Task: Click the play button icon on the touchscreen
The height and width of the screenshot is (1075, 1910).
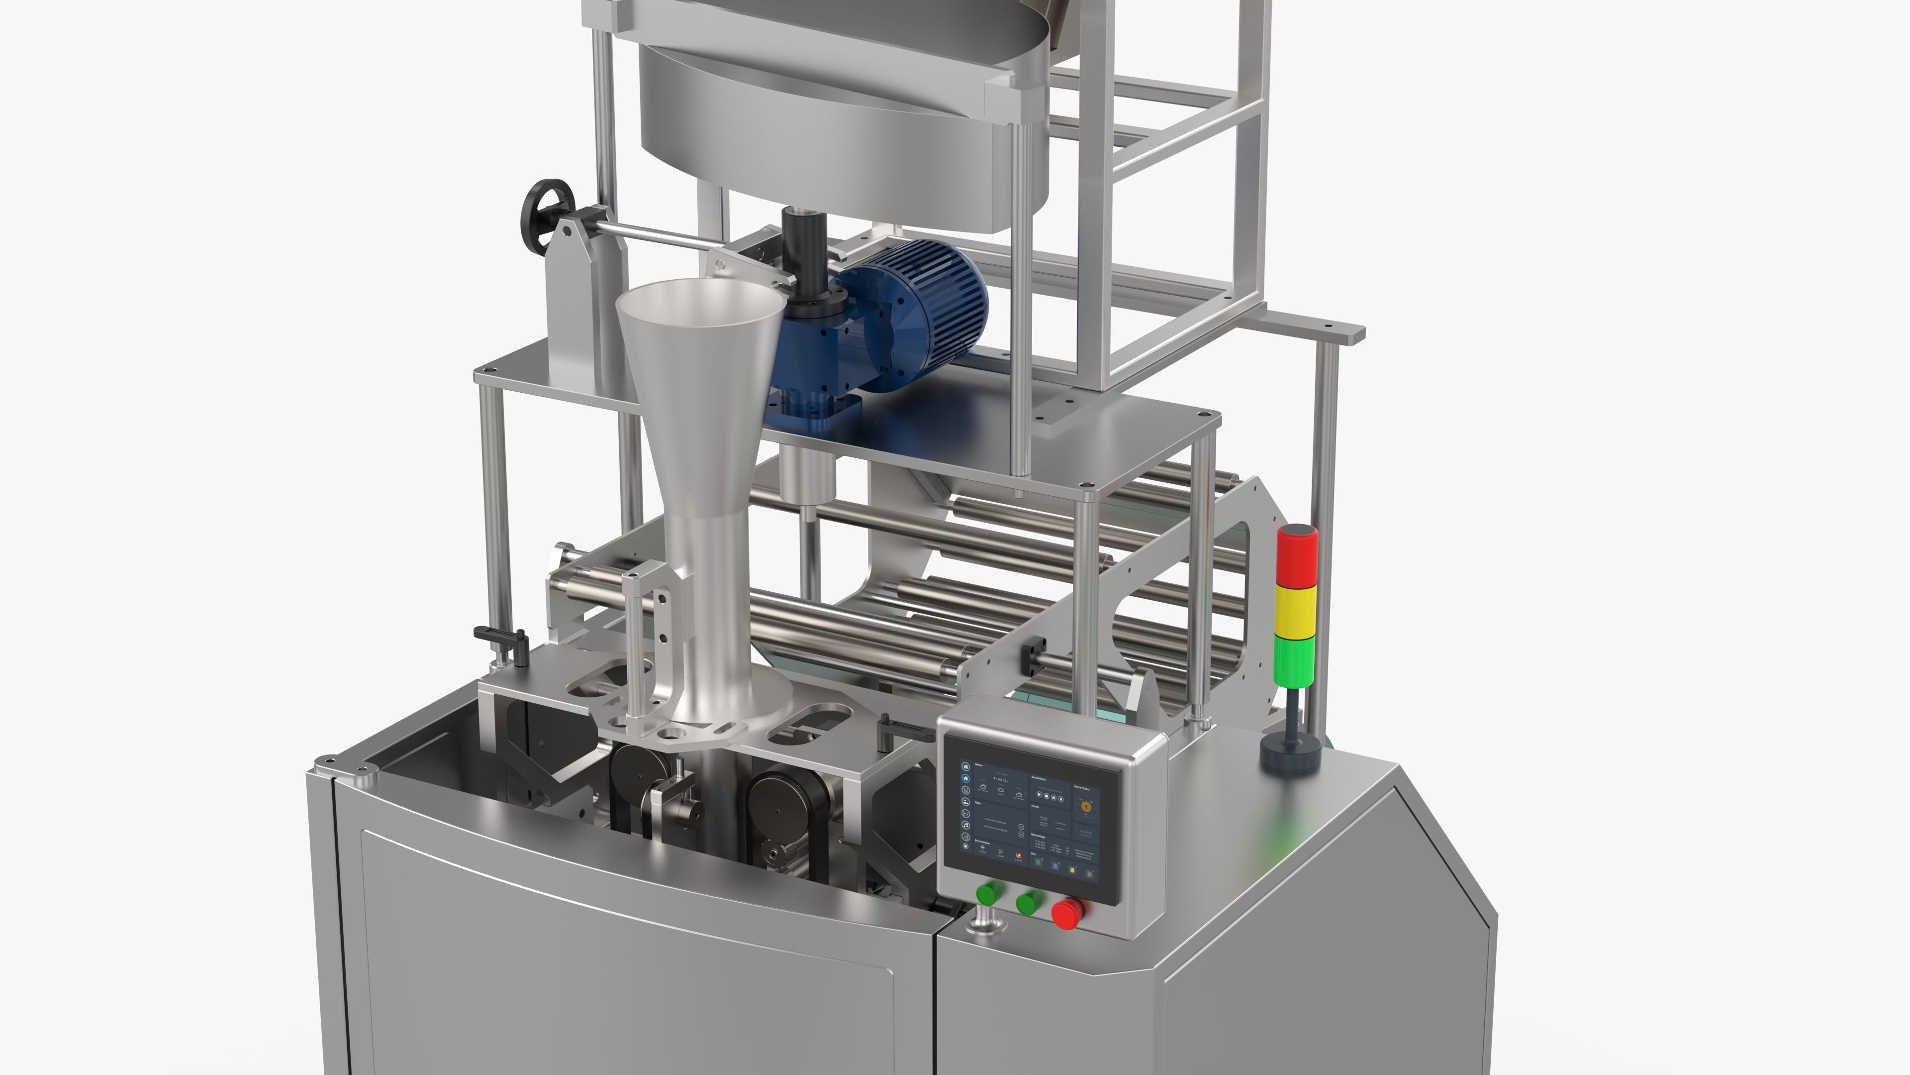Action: pos(1040,795)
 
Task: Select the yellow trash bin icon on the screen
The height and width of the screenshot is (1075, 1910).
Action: pos(1072,870)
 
